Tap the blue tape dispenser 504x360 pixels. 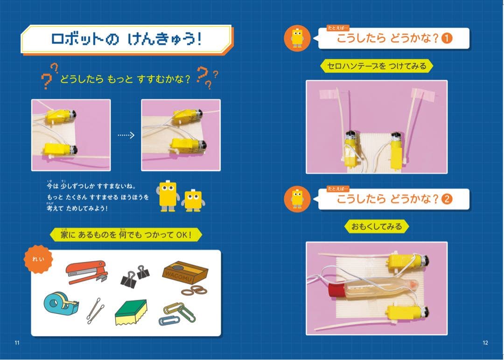coord(61,304)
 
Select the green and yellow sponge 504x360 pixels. coord(131,312)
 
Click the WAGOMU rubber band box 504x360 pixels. coord(185,272)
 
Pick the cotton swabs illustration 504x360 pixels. coord(95,311)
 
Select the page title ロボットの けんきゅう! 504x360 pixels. coord(126,40)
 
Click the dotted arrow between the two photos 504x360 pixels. coord(126,135)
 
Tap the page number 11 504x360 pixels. coord(17,343)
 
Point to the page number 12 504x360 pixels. coord(485,343)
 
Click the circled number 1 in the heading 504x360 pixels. coord(447,39)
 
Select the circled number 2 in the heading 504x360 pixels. coord(447,199)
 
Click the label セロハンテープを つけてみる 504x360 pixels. coord(377,66)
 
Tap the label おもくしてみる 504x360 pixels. coord(377,227)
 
